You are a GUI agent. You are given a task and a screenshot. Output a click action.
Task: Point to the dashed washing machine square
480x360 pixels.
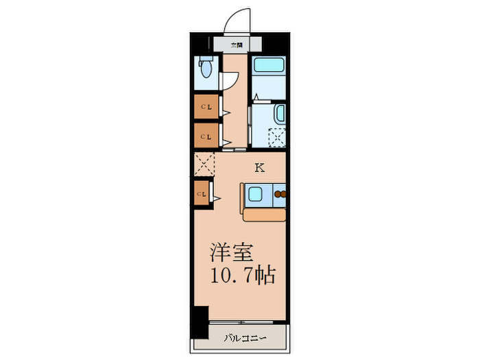(278, 137)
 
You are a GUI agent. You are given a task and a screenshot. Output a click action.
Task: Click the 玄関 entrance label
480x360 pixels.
(237, 45)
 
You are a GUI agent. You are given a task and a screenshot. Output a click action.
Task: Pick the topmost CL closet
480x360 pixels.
(206, 107)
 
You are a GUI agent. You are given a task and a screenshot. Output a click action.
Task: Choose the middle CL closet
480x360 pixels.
(206, 136)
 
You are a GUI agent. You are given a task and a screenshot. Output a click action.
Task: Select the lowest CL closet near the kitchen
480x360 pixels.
(202, 194)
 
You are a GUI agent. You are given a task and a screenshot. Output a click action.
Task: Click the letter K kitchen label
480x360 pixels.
(259, 167)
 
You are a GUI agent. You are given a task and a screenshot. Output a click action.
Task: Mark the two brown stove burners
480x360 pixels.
(280, 195)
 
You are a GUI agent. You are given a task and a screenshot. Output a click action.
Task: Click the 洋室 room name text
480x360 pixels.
(229, 251)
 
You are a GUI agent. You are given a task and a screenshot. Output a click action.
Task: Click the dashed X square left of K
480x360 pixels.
(204, 165)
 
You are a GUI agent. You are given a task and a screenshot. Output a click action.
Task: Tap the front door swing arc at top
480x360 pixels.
(238, 17)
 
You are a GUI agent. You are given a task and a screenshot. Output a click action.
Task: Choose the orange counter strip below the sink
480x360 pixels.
(265, 215)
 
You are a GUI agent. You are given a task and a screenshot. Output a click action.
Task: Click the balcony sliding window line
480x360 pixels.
(247, 321)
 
